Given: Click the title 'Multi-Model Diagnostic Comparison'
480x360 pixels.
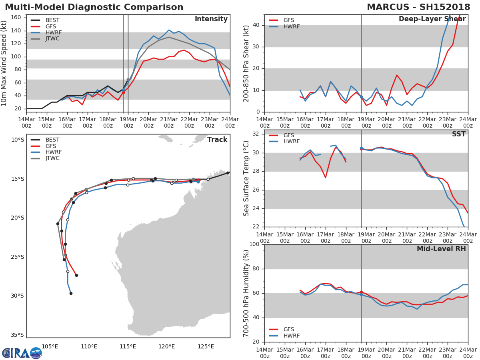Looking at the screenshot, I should click(94, 7).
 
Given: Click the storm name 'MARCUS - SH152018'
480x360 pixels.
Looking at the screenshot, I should click(418, 7).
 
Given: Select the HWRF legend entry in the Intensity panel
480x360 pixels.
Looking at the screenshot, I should click(54, 32).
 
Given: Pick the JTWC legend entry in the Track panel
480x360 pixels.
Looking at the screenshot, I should click(52, 158).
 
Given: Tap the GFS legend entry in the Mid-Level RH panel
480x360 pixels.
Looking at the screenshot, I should click(288, 329).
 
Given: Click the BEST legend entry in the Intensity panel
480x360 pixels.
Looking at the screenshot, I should click(53, 20).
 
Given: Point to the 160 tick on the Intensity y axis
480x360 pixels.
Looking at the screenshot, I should click(18, 18).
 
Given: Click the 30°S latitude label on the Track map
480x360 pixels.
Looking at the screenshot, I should click(18, 296).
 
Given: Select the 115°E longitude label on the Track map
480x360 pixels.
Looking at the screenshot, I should click(128, 346).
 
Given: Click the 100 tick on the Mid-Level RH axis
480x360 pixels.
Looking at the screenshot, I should click(254, 244).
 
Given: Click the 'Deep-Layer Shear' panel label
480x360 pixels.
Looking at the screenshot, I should click(432, 19).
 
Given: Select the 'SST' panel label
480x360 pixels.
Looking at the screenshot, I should click(458, 134).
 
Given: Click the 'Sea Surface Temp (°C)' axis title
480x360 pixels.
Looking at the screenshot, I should click(246, 178).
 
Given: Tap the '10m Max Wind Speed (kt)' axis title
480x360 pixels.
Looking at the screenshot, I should click(4, 63).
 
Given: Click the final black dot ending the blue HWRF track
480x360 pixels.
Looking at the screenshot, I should click(71, 293).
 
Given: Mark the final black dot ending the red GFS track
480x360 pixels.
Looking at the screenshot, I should click(76, 275).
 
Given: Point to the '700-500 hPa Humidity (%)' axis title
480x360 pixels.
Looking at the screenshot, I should click(246, 293).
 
